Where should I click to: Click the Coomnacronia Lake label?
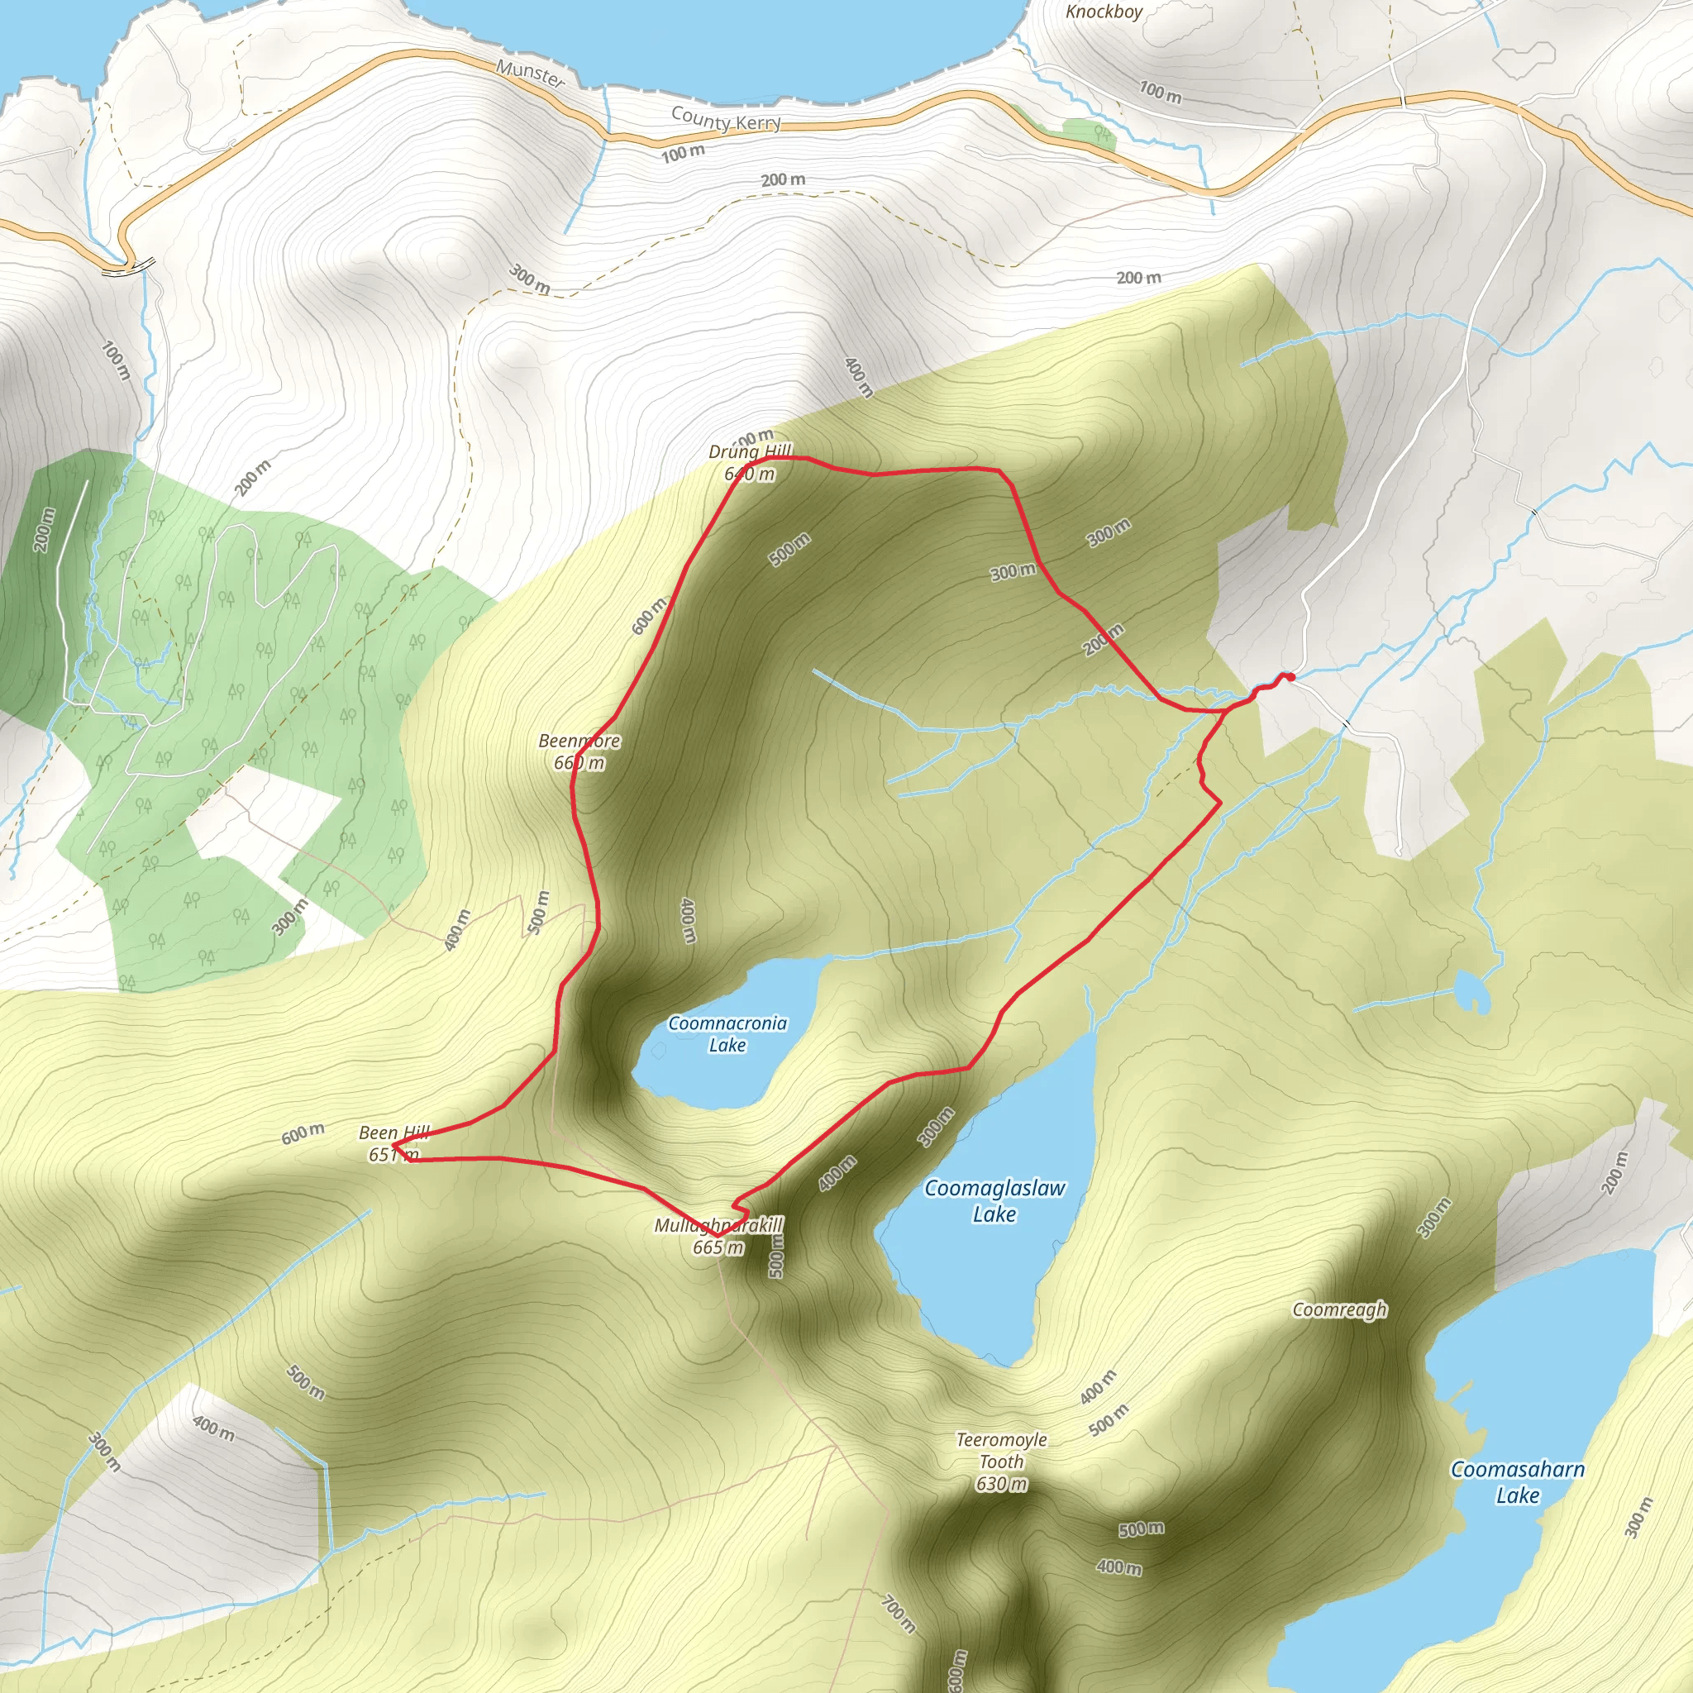[727, 1034]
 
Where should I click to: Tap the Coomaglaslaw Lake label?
[994, 1200]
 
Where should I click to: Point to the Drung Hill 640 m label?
[750, 463]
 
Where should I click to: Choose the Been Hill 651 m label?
[394, 1143]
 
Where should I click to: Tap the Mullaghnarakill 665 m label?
[718, 1236]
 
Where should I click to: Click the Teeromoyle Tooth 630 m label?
[1002, 1461]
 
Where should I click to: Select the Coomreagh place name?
[1340, 1309]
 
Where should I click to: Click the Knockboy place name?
[1104, 12]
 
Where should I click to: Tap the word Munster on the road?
[531, 73]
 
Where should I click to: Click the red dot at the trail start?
[1290, 676]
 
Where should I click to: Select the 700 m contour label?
[899, 1614]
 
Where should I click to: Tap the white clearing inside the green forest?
[263, 823]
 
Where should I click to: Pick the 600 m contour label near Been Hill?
[303, 1133]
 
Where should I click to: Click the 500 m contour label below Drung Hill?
[789, 550]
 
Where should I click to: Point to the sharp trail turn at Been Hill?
[393, 1145]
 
